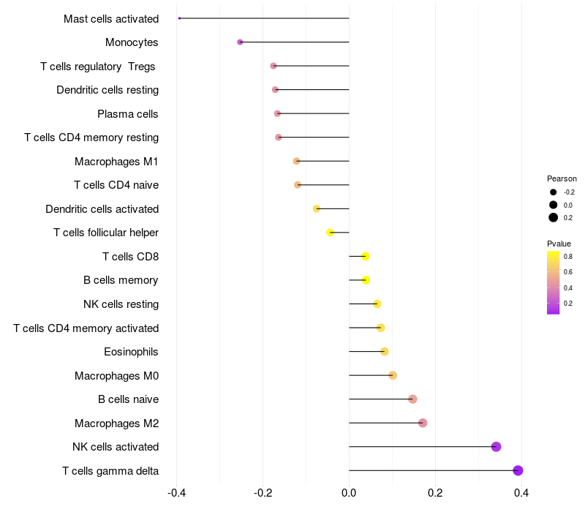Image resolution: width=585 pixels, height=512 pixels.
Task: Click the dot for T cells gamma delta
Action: [x=518, y=470]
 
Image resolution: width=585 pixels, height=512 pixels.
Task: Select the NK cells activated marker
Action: [x=496, y=447]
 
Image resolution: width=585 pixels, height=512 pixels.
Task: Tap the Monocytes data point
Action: [x=240, y=42]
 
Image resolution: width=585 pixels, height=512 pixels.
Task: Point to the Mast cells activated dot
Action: [x=179, y=18]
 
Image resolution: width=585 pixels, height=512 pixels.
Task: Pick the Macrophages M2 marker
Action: [x=423, y=423]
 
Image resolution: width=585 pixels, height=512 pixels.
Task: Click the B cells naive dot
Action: [x=412, y=399]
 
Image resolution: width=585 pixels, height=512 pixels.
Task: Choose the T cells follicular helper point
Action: [x=330, y=233]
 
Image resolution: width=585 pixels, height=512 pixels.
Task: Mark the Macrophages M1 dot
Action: [x=296, y=161]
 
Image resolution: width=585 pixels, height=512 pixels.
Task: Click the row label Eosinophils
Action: [x=131, y=352]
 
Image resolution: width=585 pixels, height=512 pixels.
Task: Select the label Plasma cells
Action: [x=128, y=114]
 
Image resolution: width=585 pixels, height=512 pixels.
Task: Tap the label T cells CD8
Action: [x=130, y=257]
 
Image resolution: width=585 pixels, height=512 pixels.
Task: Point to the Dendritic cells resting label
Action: [x=107, y=90]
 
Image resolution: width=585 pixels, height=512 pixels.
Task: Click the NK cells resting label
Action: [x=121, y=304]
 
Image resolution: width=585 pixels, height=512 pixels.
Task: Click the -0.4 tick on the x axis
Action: [x=176, y=493]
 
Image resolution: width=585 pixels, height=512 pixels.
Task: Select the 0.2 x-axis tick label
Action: [x=435, y=493]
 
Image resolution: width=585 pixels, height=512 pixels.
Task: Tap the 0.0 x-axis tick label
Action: [x=349, y=493]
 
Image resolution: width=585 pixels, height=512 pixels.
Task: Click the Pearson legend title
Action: [x=562, y=178]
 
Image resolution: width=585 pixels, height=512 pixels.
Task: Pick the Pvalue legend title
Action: [x=559, y=244]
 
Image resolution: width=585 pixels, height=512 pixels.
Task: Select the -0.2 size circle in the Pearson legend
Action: [x=554, y=192]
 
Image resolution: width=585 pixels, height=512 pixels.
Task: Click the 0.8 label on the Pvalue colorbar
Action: [x=568, y=257]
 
